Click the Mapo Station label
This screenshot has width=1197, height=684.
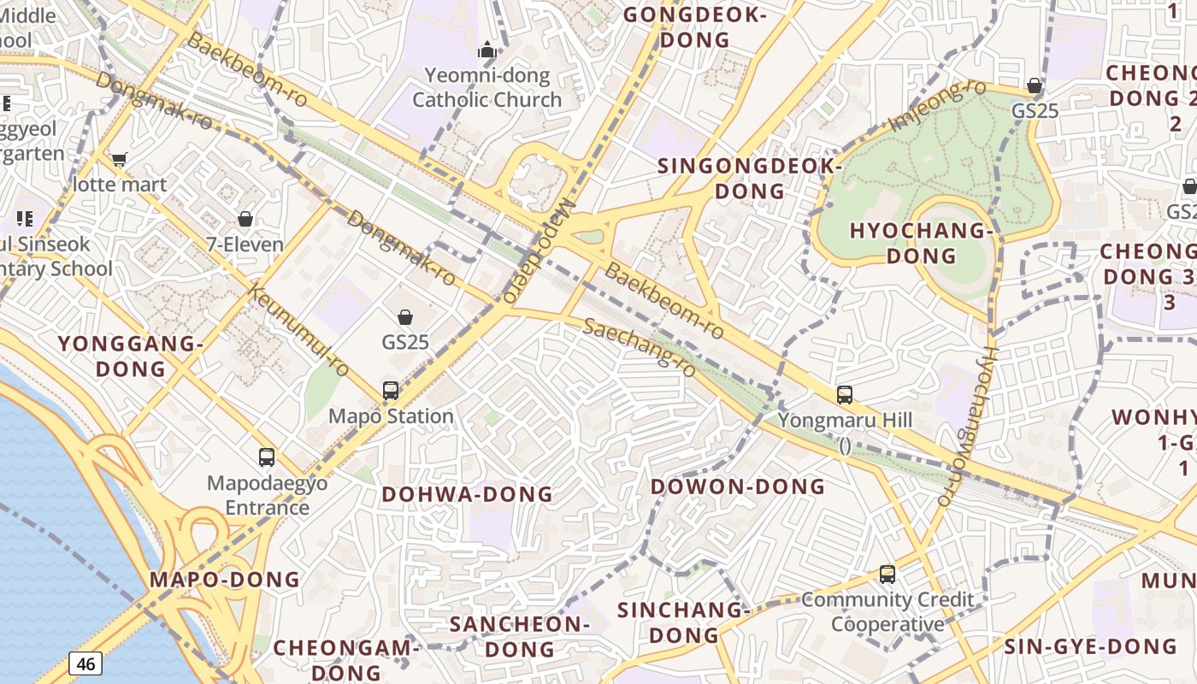click(x=391, y=416)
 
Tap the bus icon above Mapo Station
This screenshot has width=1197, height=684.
click(x=391, y=391)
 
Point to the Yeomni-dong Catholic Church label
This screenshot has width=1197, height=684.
click(x=487, y=88)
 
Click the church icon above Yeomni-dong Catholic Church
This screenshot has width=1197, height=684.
click(x=487, y=50)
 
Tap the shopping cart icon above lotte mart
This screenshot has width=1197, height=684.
click(x=119, y=159)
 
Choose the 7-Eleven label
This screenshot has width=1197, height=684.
click(x=245, y=245)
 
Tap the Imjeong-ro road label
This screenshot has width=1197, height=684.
click(x=937, y=106)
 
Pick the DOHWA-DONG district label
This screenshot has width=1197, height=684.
click(x=467, y=494)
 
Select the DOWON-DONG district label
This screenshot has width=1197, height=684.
click(x=738, y=486)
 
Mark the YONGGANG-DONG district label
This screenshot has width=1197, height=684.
click(x=130, y=357)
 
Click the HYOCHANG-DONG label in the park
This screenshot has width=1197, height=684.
click(x=920, y=243)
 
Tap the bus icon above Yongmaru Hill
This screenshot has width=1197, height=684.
click(x=845, y=395)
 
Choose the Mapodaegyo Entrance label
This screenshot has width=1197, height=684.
click(x=267, y=495)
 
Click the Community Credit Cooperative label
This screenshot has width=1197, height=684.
click(x=887, y=612)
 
